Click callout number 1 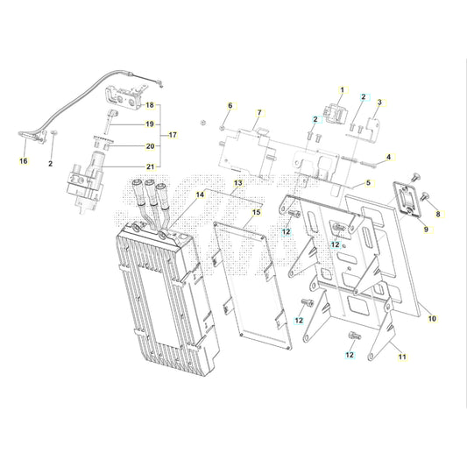point(343,92)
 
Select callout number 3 point(379,102)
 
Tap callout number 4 point(389,157)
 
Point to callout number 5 point(368,182)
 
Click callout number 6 point(231,106)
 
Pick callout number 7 point(259,113)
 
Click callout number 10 point(431,319)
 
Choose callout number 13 point(237,183)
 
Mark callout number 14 point(200,195)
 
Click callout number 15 point(256,212)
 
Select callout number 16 point(24,162)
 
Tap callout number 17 point(173,135)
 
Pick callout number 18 point(149,105)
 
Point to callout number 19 point(150,124)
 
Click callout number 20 point(150,145)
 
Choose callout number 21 point(150,166)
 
